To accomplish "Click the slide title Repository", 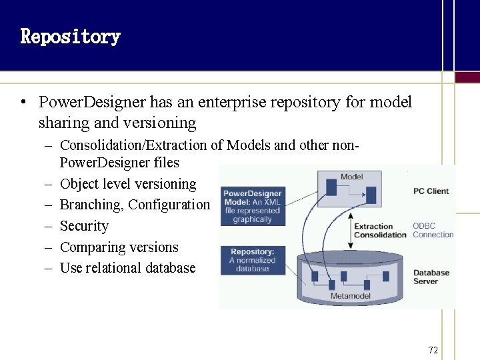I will tap(70, 36).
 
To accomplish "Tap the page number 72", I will tap(433, 350).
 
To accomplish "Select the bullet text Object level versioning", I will tap(128, 184).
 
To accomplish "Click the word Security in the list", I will tap(84, 226).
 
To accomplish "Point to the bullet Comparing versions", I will tap(119, 247).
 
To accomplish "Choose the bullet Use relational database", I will tap(127, 268).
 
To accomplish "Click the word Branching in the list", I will tap(90, 205).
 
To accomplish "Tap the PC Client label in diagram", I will tap(431, 191).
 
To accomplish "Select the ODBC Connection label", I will tap(433, 230).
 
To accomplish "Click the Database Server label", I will tap(431, 277).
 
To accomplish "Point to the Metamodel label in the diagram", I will tap(350, 295).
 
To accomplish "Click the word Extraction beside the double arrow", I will tap(373, 227).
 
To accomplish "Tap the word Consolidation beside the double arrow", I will tap(380, 235).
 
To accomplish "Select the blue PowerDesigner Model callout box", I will tap(252, 206).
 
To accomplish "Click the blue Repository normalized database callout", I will tap(252, 260).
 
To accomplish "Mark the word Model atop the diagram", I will tap(351, 177).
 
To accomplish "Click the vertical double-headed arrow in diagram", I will tap(348, 230).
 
